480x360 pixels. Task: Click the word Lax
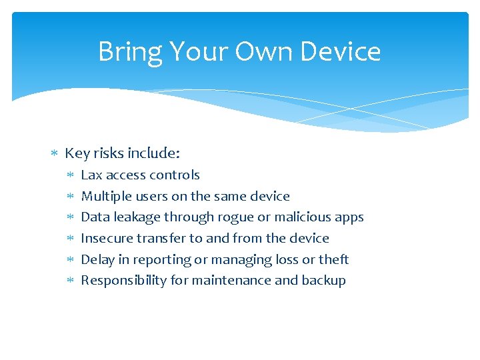(x=91, y=175)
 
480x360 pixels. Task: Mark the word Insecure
(x=107, y=238)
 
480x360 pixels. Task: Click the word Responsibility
(x=124, y=281)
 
